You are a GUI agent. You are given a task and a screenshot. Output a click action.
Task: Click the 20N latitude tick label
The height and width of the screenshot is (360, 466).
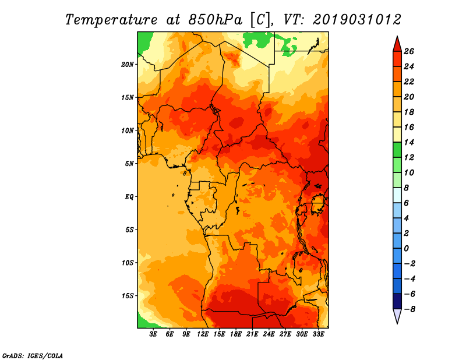coord(127,65)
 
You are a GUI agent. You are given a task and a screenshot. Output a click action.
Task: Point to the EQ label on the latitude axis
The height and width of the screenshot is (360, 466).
coord(129,197)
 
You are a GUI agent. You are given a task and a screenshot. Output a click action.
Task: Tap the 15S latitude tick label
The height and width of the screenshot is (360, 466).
coord(128,296)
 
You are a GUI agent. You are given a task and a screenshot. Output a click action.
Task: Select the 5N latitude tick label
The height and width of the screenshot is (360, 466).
coord(129,164)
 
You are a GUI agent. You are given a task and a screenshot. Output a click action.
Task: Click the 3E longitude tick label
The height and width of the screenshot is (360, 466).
coord(153,334)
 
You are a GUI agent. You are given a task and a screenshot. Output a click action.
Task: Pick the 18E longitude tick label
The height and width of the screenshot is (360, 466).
coord(236,334)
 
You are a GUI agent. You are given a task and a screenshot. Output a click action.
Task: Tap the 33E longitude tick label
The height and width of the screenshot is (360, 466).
coord(318,334)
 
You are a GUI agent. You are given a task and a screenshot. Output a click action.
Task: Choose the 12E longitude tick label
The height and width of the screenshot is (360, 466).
coord(203,334)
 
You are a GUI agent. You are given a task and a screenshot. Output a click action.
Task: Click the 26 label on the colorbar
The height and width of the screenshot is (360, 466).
coord(409,52)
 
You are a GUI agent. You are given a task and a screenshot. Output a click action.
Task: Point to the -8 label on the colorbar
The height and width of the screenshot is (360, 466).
coord(409,309)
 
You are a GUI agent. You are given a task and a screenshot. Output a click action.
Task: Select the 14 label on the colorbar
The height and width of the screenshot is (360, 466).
coord(409,142)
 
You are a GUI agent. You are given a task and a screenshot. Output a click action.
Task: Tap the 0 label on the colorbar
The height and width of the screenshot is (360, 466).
coord(406,249)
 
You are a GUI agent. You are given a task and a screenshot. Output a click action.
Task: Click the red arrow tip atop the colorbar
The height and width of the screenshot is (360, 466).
coord(397,37)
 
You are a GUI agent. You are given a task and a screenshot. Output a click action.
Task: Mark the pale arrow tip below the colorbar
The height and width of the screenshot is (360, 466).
coord(397,323)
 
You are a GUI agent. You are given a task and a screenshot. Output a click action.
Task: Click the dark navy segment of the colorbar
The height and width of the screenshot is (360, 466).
coord(397,301)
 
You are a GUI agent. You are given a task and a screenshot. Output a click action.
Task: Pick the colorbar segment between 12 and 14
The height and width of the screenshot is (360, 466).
coord(397,150)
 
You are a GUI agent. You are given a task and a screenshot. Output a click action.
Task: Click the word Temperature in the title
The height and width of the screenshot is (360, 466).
coord(111,20)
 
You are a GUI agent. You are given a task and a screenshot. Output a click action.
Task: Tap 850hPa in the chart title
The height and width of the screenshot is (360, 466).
coord(215,20)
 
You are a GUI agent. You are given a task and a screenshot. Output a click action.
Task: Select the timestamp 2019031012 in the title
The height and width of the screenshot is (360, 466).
coord(357,20)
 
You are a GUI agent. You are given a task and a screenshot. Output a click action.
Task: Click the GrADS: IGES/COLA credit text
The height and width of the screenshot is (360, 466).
coord(33,355)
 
